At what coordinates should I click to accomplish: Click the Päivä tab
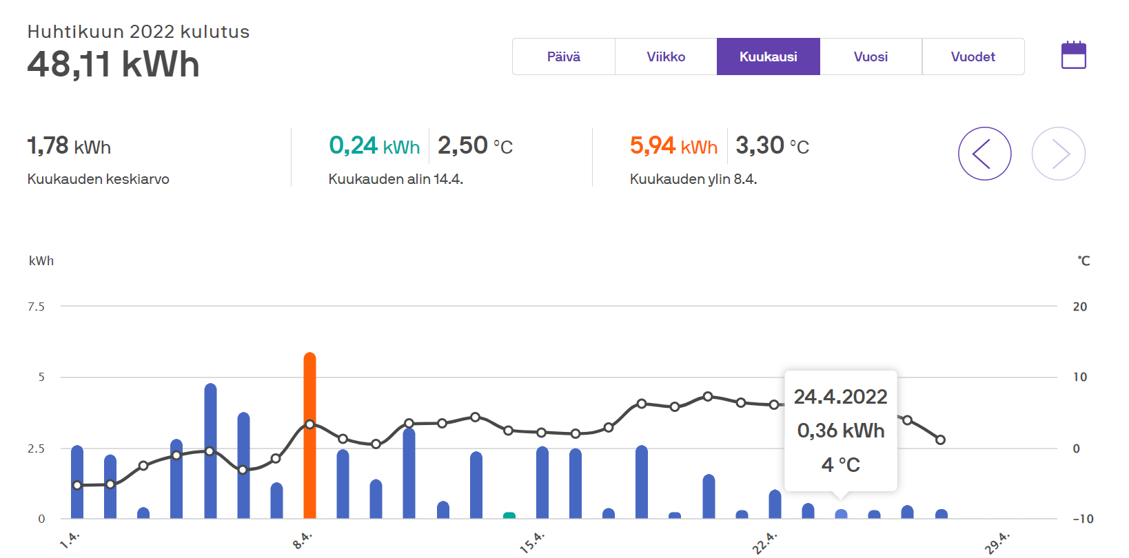pos(564,56)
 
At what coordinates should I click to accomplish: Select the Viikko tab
pos(666,56)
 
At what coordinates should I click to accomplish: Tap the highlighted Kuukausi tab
pos(768,56)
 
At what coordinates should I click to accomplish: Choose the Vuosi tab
pos(871,56)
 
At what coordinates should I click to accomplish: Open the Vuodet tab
pos(973,56)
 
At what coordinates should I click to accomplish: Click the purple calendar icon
pos(1074,55)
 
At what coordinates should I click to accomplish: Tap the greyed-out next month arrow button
pos(1059,154)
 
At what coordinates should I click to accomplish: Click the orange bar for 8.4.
pos(309,435)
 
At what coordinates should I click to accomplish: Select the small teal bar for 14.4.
pos(509,515)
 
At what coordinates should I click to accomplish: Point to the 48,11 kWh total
pos(114,65)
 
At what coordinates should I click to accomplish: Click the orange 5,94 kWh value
pos(673,145)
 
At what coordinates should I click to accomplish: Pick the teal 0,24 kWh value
pos(374,145)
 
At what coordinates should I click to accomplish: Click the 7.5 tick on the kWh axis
pos(37,307)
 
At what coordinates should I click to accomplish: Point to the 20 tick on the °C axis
pos(1079,307)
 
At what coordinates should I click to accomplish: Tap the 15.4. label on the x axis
pos(532,542)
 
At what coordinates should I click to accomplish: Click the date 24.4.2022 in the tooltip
pos(840,397)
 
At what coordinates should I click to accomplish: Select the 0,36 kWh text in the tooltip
pos(841,431)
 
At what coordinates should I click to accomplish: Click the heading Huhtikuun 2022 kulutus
pos(139,32)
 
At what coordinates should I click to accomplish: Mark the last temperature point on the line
pos(940,440)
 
